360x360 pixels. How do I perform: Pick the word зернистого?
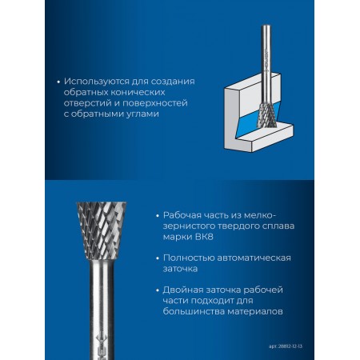[189, 226]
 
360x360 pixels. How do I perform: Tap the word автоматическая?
[254, 258]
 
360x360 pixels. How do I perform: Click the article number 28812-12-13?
[290, 346]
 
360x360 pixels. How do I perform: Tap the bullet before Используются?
[58, 82]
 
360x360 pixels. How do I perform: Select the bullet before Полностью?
[158, 258]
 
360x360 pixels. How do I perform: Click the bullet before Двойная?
[158, 290]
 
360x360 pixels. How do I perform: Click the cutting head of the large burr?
[102, 230]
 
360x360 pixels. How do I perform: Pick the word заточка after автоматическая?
[180, 269]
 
